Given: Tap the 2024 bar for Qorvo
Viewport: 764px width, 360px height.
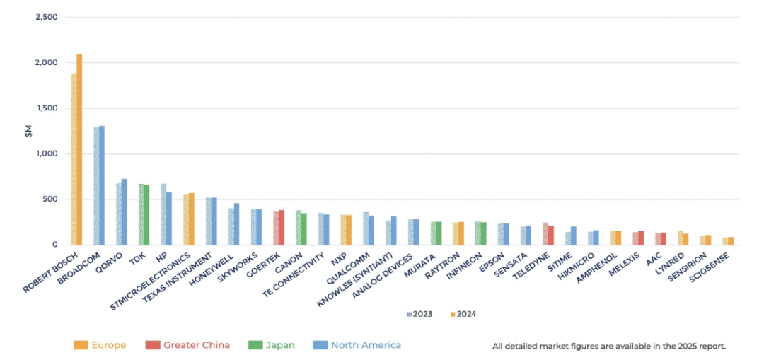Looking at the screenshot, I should point(125,212).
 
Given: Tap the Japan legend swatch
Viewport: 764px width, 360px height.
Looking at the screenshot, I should point(256,345).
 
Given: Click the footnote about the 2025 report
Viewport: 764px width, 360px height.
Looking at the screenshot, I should point(609,347).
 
